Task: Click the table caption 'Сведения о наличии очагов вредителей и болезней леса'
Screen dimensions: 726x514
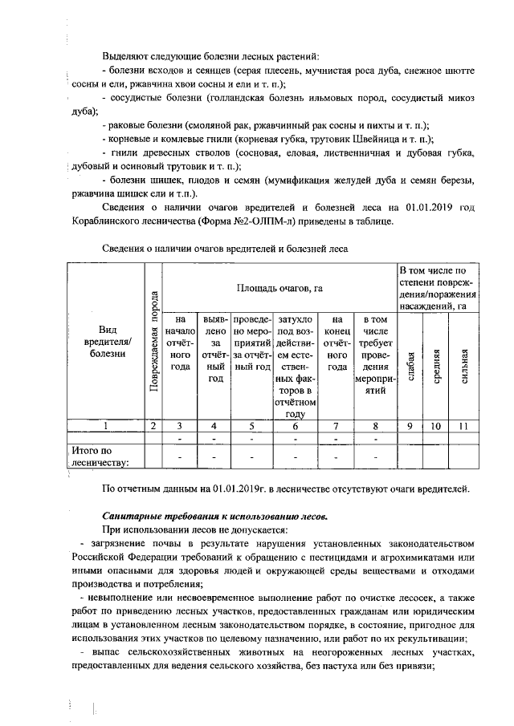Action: pos(225,249)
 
